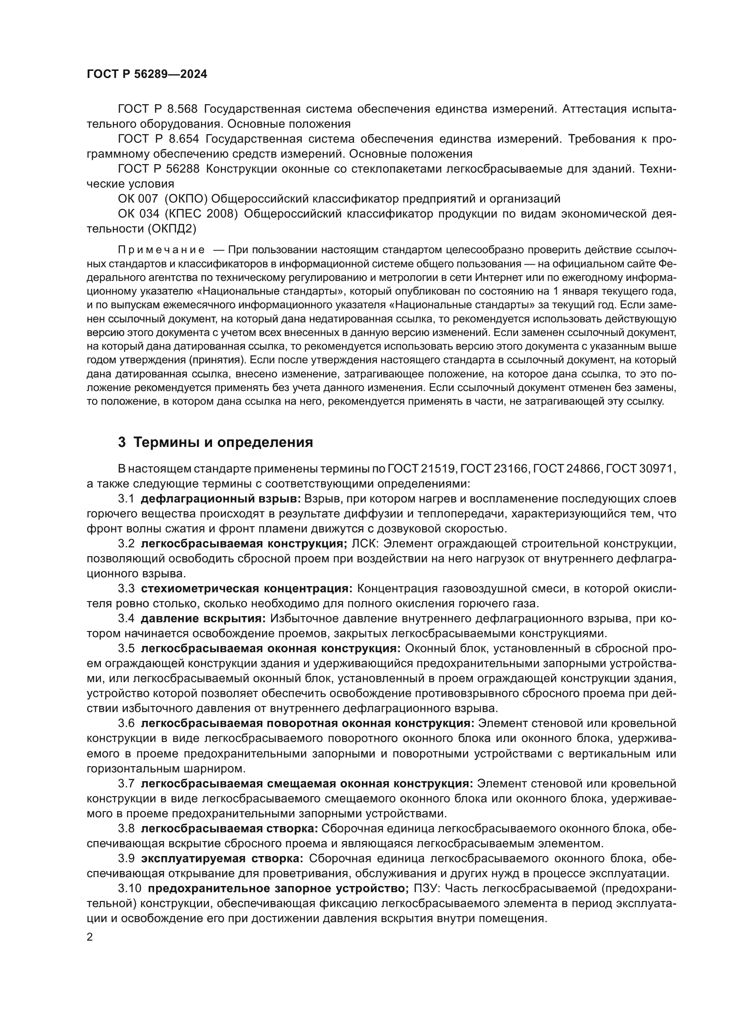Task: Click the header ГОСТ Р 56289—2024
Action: [147, 74]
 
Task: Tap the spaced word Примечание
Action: [161, 250]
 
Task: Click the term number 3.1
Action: [126, 499]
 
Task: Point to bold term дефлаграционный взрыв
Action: [220, 499]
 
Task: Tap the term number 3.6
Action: [126, 724]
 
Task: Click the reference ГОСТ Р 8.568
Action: [157, 109]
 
